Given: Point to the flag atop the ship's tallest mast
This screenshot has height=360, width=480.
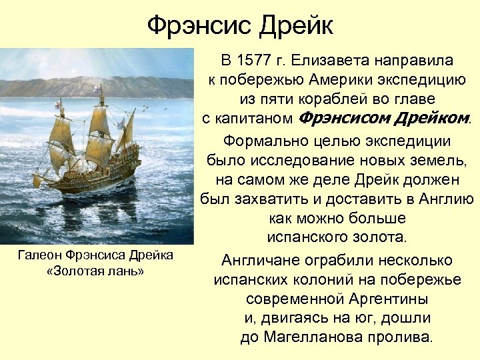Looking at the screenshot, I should (99, 89).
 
